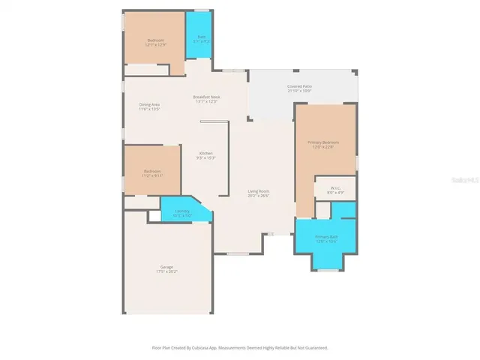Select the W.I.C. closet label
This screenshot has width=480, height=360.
click(x=330, y=189)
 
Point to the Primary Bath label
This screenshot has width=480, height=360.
click(x=326, y=236)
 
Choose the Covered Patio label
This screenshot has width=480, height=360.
click(x=299, y=86)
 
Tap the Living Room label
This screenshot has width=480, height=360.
click(x=259, y=191)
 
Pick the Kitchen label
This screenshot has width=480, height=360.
click(x=205, y=153)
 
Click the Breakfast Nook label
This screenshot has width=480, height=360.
click(x=205, y=97)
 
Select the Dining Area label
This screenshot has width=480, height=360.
click(x=149, y=104)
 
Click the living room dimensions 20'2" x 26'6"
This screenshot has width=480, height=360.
click(x=259, y=196)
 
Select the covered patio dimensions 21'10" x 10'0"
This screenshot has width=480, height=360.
click(x=299, y=91)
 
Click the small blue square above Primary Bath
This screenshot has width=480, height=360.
click(x=343, y=209)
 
